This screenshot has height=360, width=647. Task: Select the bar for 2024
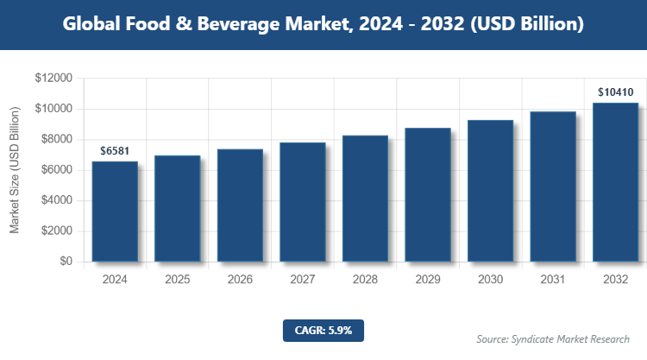pos(115,212)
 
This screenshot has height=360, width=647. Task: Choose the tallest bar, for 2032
pos(615,182)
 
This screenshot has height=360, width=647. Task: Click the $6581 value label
pos(115,150)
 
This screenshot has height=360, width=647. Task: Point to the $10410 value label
pos(615,92)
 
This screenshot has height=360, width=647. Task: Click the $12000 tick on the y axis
pos(53,79)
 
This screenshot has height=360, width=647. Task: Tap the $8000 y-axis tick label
pos(56,140)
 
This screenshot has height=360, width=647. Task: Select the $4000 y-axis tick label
pos(56,201)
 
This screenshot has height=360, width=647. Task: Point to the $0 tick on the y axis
pos(66,262)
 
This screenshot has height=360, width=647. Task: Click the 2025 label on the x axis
pos(177,280)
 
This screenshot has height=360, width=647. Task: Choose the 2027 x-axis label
pos(302,280)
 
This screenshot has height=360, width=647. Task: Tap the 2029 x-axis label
pos(427,280)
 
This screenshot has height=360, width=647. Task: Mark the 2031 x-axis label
pos(552,280)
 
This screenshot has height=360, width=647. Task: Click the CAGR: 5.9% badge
pos(323,330)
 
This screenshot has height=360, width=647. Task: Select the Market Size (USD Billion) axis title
pos(15,171)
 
